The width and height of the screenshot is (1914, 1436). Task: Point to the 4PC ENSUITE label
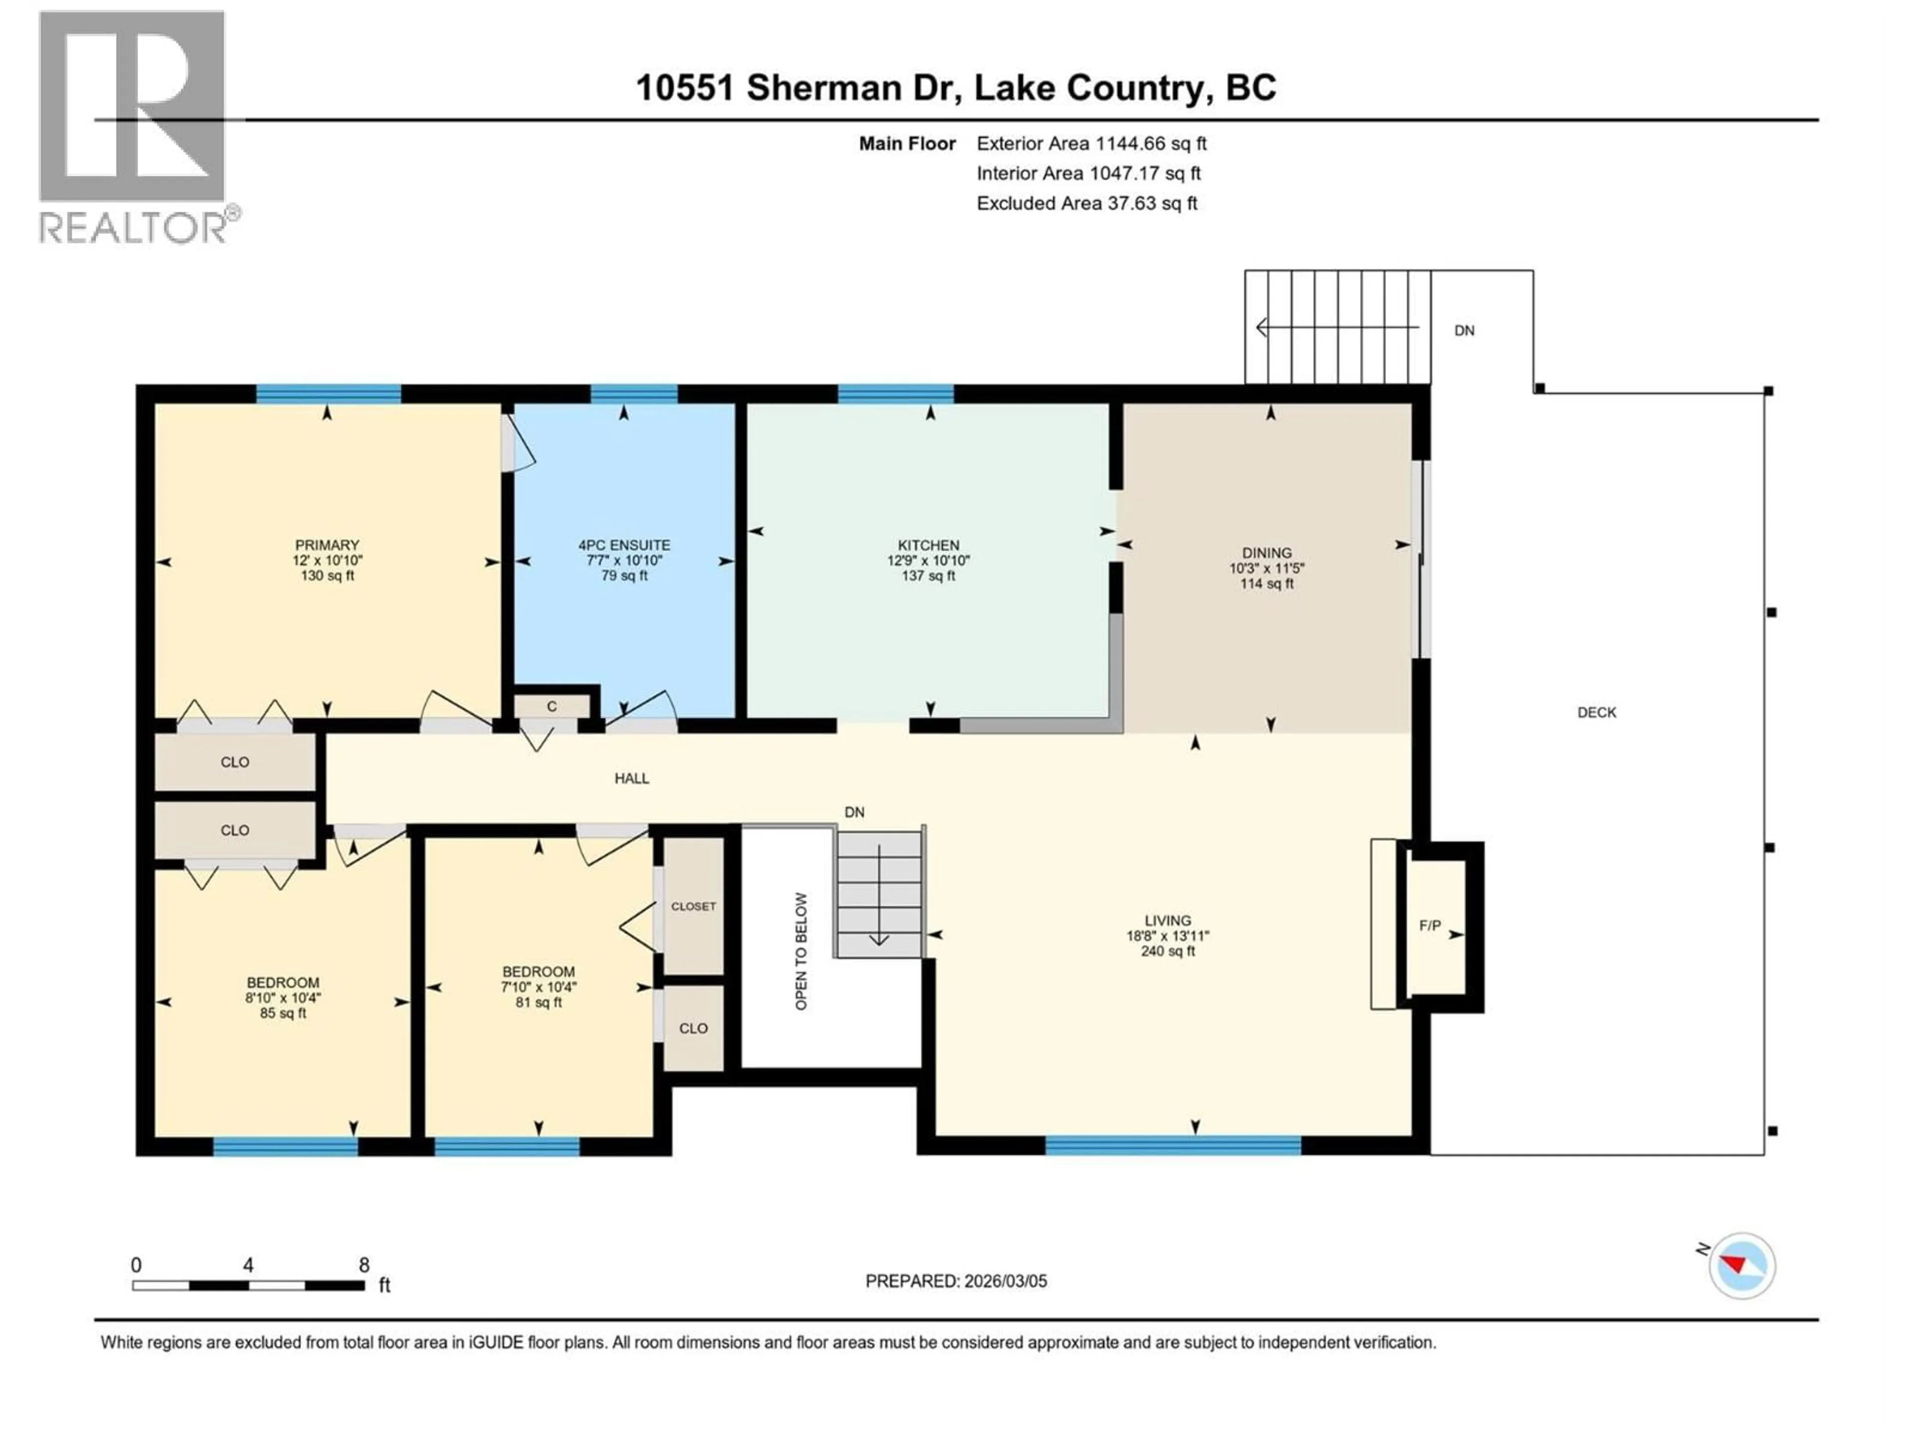point(624,545)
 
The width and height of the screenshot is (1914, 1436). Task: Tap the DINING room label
point(1267,553)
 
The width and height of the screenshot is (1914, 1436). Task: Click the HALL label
point(632,778)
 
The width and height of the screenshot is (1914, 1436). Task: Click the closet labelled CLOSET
point(693,906)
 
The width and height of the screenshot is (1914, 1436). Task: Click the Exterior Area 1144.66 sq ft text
point(1091,144)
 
